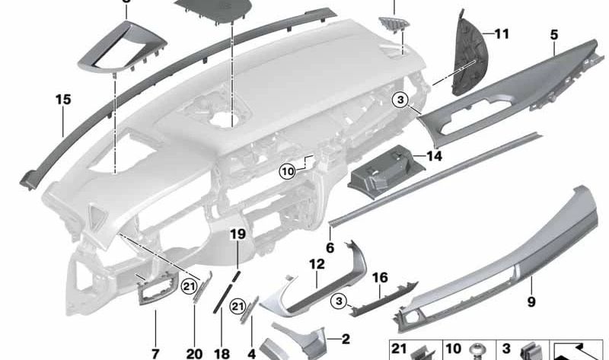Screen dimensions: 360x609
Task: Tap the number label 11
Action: pyautogui.click(x=500, y=33)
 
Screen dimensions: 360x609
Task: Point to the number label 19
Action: pyautogui.click(x=238, y=234)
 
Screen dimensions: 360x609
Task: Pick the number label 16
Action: pyautogui.click(x=380, y=278)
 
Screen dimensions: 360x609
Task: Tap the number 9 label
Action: pyautogui.click(x=531, y=302)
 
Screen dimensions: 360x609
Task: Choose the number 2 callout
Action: pyautogui.click(x=345, y=339)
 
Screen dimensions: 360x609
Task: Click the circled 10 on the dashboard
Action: pyautogui.click(x=286, y=173)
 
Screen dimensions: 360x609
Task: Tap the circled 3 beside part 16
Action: pyautogui.click(x=338, y=303)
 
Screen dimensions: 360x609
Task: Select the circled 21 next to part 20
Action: pyautogui.click(x=190, y=285)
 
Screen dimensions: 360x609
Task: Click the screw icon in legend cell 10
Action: pyautogui.click(x=479, y=352)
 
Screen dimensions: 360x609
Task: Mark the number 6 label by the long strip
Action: pyautogui.click(x=330, y=247)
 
